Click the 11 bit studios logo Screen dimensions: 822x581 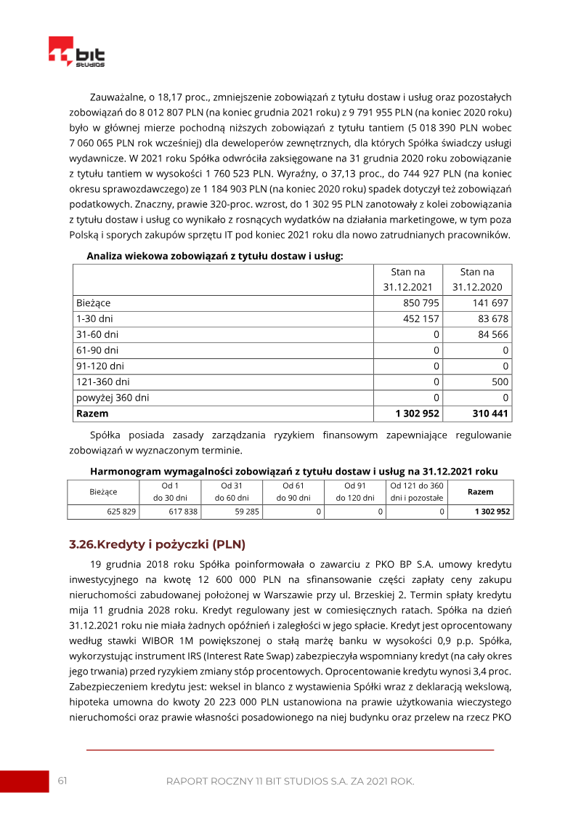[x=76, y=52]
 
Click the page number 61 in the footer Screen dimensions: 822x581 [x=62, y=781]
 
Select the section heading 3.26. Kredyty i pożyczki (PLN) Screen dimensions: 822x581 [x=157, y=544]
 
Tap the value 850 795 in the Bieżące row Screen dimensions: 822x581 [x=421, y=302]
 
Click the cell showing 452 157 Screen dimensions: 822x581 [x=421, y=318]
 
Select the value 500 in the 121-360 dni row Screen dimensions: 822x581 [x=500, y=382]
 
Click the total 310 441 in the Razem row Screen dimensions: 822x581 [x=487, y=414]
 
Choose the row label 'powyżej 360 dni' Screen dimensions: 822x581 [x=113, y=398]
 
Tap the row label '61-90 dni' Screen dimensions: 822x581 [x=97, y=350]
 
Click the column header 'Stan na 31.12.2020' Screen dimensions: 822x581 [x=477, y=279]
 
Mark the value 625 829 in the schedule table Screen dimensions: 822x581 [x=121, y=512]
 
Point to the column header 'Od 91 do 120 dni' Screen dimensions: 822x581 [x=354, y=491]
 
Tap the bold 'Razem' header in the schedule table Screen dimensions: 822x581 [x=480, y=491]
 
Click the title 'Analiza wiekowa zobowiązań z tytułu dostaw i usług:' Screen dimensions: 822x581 [x=214, y=256]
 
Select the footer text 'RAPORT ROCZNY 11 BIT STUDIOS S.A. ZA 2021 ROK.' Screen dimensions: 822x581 [x=290, y=781]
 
